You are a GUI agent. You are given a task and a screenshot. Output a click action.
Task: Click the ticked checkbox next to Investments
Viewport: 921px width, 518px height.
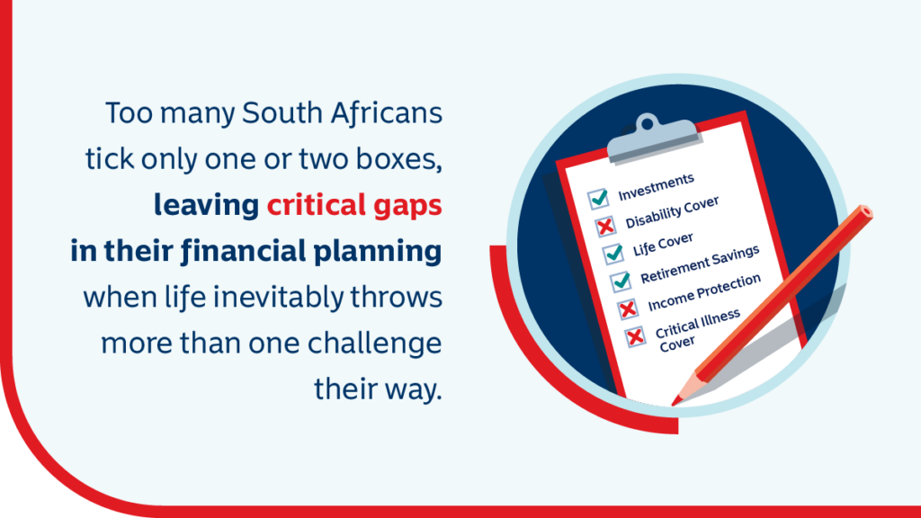(598, 199)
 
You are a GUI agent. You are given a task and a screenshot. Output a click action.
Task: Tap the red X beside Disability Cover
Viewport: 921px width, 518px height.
(605, 226)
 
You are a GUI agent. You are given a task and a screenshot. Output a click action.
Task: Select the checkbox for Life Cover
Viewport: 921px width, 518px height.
(613, 254)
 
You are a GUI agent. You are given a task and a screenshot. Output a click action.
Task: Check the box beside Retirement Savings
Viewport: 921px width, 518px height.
(621, 281)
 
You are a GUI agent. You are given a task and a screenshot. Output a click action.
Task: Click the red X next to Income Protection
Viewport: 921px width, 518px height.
(628, 309)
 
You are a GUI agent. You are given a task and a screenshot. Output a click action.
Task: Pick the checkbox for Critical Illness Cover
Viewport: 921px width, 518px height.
(635, 336)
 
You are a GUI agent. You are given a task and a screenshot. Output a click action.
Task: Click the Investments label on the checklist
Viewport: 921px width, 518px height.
(656, 187)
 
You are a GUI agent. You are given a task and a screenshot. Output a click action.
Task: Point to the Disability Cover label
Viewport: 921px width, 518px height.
(672, 212)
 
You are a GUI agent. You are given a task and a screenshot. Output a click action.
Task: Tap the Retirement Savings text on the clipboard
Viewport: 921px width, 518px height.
(700, 264)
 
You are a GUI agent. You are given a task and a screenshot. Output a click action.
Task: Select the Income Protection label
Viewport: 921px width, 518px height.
(704, 292)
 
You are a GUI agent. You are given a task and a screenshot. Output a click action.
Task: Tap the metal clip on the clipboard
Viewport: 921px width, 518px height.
(653, 138)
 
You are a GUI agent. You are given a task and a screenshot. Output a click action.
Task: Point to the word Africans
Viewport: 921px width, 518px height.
(386, 112)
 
